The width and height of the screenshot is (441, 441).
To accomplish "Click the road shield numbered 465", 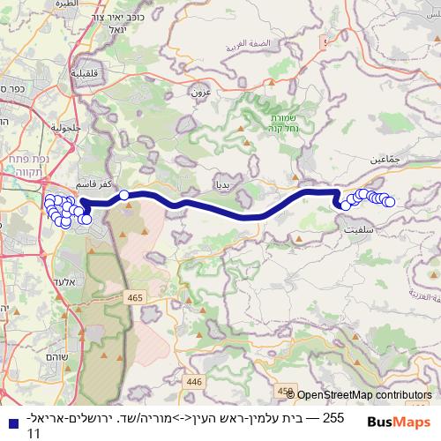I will pyautogui.click(x=134, y=299).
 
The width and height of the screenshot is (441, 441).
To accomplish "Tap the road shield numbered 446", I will pyautogui.click(x=195, y=381).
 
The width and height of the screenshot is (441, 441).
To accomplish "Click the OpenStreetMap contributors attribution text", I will pyautogui.click(x=364, y=396).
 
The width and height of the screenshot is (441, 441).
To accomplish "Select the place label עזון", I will pyautogui.click(x=199, y=90).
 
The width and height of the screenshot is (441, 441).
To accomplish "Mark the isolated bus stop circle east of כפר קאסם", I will pyautogui.click(x=124, y=195).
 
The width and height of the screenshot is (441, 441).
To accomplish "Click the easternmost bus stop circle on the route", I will pyautogui.click(x=389, y=203).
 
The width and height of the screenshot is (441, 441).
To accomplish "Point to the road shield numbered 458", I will pyautogui.click(x=285, y=390).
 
